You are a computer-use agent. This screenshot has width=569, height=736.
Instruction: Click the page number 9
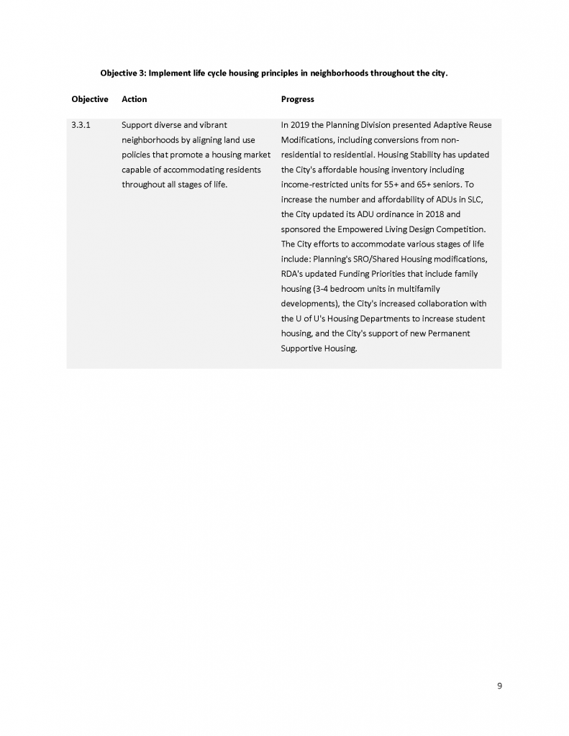499,686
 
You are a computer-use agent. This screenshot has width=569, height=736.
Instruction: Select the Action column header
135,99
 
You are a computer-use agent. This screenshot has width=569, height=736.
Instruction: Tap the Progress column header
297,99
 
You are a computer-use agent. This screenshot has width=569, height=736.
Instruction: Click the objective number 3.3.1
81,125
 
